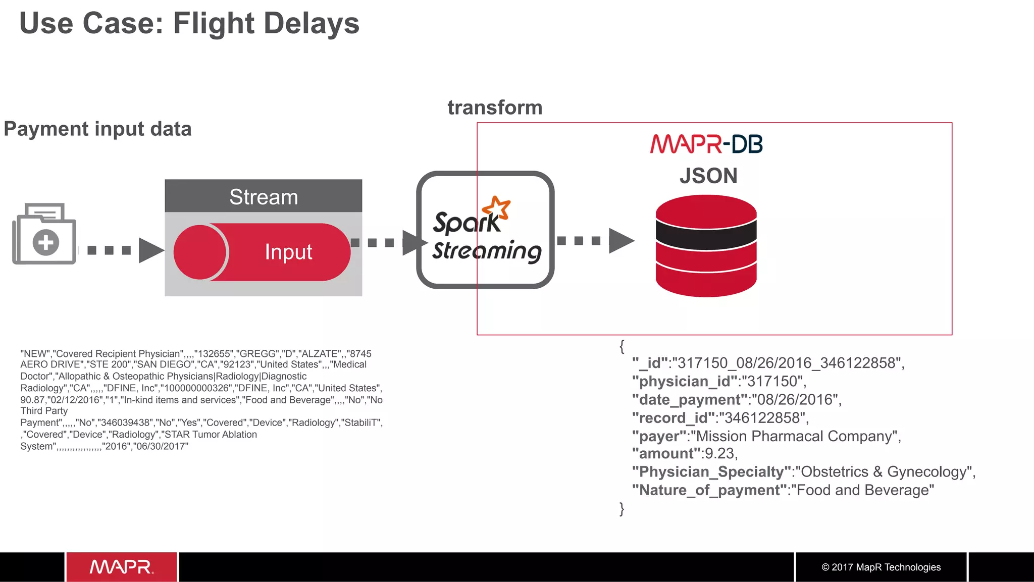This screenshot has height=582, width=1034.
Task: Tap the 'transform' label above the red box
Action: point(495,108)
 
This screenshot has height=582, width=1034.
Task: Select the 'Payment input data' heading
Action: point(97,129)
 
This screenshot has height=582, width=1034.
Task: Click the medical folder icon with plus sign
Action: point(44,234)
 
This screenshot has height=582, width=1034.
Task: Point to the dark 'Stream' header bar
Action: point(263,196)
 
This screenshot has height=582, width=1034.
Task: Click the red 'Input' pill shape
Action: point(263,252)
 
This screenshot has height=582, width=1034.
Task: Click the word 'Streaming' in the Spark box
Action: point(486,251)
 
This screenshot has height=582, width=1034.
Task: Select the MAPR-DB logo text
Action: point(706,144)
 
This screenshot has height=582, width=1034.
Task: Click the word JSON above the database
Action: point(708,176)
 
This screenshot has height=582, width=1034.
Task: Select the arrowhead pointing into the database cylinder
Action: point(621,241)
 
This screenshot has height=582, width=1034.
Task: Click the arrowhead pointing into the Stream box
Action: point(151,250)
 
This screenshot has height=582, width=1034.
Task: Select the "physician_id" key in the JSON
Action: point(685,381)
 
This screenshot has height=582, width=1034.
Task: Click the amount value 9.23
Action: point(720,453)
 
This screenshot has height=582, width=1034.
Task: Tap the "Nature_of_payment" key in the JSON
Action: point(709,490)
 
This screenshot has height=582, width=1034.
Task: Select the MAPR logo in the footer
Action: point(121,567)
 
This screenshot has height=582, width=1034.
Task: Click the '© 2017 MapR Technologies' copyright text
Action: point(881,567)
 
